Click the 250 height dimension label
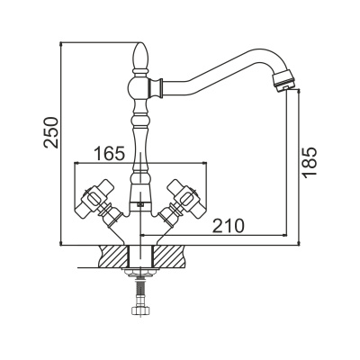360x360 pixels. (x=50, y=132)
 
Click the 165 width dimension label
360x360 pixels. (x=109, y=154)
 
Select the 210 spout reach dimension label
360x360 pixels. (x=229, y=226)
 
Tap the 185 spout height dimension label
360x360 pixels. (x=310, y=162)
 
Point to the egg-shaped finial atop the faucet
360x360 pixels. (x=140, y=56)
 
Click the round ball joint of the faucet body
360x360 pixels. (x=139, y=87)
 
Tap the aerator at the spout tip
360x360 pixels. (x=283, y=79)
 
